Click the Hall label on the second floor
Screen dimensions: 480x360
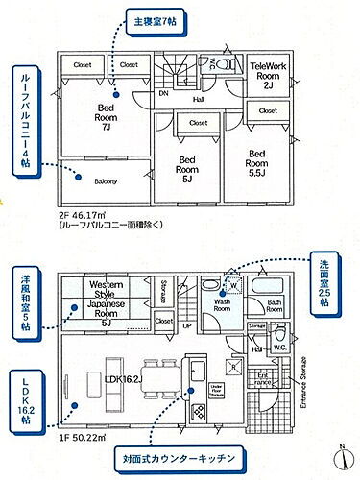197,99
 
